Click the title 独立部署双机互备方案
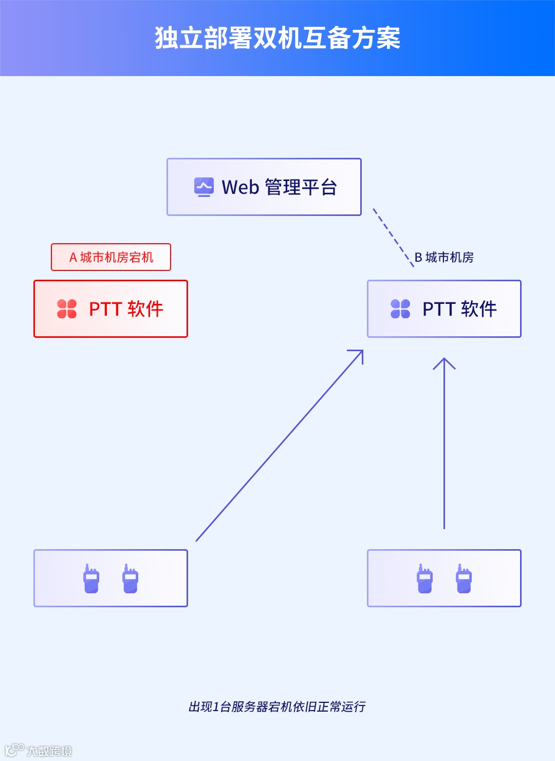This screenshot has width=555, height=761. click(x=277, y=38)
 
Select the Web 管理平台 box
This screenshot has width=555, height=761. click(x=264, y=187)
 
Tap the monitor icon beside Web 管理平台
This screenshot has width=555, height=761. click(x=204, y=187)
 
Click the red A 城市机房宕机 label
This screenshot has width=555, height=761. click(x=111, y=257)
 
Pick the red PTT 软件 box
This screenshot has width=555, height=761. click(x=110, y=309)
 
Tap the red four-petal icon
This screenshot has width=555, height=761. click(x=67, y=309)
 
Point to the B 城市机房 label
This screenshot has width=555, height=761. click(x=444, y=257)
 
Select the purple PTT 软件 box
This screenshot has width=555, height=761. click(x=444, y=309)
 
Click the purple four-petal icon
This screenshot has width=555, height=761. click(x=400, y=309)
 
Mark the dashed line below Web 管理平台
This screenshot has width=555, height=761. click(x=393, y=238)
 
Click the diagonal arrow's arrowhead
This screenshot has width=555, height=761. click(x=360, y=353)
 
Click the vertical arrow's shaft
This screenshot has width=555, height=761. click(x=444, y=447)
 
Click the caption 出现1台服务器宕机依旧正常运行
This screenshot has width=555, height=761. click(x=277, y=707)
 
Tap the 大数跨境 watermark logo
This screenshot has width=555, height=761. click(x=39, y=750)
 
